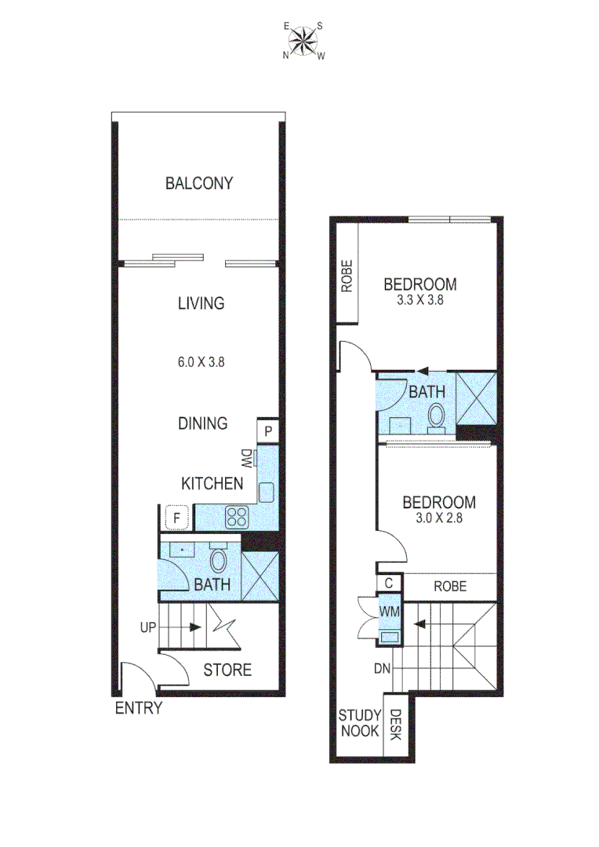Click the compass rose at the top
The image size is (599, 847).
coord(304,40)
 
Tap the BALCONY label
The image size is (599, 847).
coord(199,184)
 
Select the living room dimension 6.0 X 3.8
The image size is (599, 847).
coord(201,362)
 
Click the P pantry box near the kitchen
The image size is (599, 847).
coord(267,431)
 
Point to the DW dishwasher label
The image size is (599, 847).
coord(246,458)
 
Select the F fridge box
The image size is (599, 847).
coord(177,518)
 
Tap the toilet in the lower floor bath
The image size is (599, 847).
coord(219,561)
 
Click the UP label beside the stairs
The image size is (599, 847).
coord(149,628)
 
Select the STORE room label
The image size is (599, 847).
coord(227,670)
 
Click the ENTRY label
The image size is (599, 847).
coord(139,708)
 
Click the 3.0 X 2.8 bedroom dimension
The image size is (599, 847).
coord(438,517)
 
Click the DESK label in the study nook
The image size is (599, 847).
coord(395,725)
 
